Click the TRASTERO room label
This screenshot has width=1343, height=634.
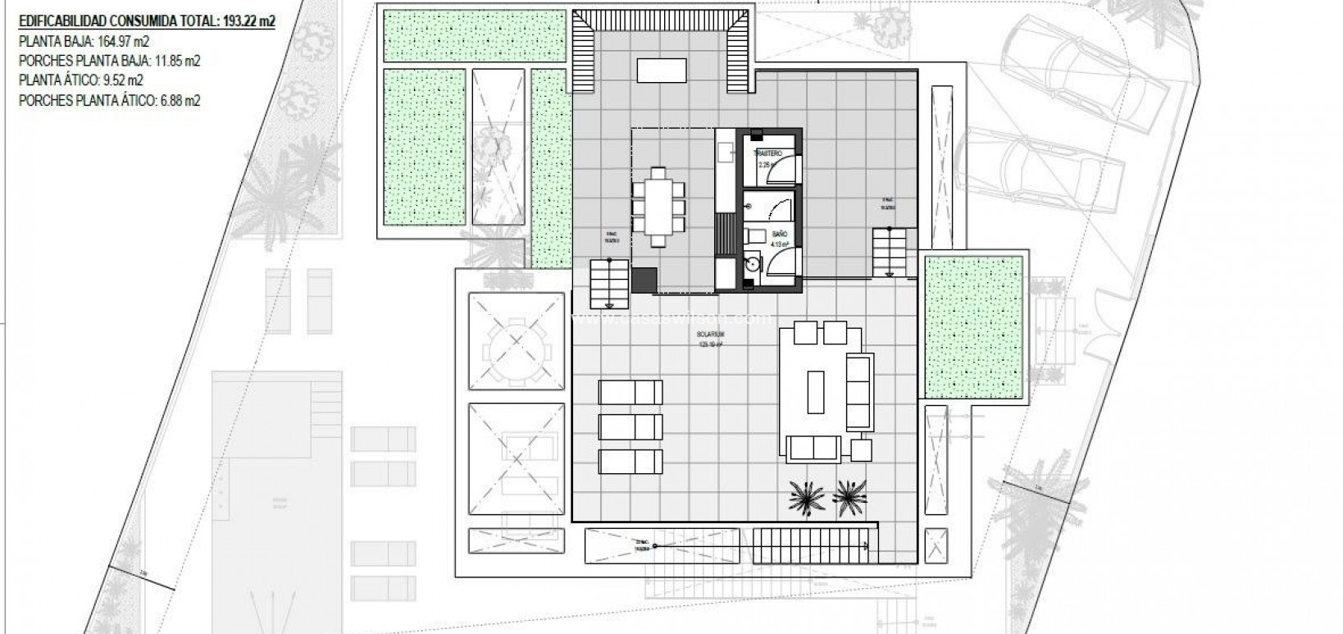click(772, 154)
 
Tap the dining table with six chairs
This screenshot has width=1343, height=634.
click(658, 206)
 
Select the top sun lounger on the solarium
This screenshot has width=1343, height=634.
click(630, 392)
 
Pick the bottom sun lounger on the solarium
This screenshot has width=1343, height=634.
click(630, 462)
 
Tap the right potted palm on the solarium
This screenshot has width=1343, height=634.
click(849, 495)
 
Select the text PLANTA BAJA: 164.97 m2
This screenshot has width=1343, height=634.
click(84, 41)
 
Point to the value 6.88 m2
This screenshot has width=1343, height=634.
click(179, 100)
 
